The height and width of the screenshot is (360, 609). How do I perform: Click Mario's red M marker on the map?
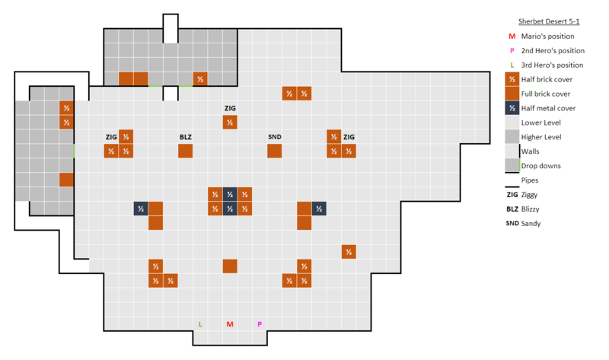click(x=230, y=324)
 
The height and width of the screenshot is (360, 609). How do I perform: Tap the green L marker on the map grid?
click(x=200, y=324)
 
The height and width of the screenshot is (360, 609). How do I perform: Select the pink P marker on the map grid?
click(x=260, y=324)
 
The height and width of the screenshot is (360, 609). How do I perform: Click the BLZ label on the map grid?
click(x=186, y=137)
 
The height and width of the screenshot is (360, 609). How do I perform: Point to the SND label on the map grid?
click(x=275, y=137)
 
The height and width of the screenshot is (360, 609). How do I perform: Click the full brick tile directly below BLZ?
click(x=186, y=151)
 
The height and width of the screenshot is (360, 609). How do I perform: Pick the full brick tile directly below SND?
click(x=275, y=151)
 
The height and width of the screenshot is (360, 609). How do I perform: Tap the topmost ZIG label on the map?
click(x=230, y=108)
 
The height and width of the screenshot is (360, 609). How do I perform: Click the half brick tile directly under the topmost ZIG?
click(x=230, y=122)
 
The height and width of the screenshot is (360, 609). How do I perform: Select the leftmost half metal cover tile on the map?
click(x=141, y=209)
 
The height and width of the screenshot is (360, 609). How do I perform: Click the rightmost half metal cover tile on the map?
click(x=319, y=209)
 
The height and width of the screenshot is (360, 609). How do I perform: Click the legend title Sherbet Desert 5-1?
click(x=547, y=21)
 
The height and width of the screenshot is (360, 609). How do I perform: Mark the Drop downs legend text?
click(x=541, y=166)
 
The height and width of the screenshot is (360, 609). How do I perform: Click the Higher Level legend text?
click(x=541, y=137)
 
